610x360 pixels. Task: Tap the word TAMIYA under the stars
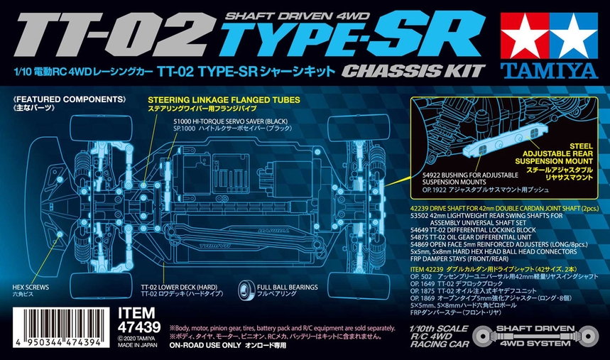tap(553, 68)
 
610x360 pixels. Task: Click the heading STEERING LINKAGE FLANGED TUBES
tap(223, 100)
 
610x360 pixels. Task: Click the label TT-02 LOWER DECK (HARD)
tap(178, 288)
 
